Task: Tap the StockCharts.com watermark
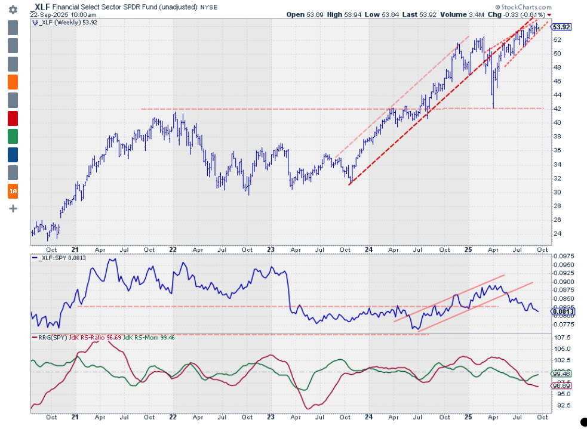tap(523, 7)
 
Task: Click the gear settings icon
tap(13, 10)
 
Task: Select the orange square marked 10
tap(13, 192)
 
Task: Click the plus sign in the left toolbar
tap(13, 209)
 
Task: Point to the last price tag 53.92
tap(561, 27)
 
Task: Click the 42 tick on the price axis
tap(557, 109)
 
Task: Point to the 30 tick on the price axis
tap(557, 192)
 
